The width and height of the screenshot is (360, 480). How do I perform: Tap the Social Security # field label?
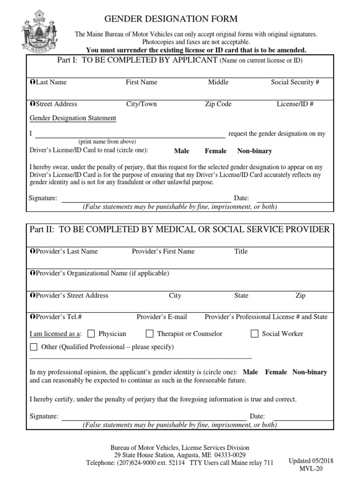tap(295, 82)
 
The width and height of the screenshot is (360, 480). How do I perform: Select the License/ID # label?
tap(295, 104)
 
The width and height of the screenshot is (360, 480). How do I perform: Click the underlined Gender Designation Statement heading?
tap(73, 118)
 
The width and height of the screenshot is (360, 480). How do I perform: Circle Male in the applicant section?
tap(181, 151)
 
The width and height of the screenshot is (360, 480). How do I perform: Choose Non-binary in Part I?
tap(255, 151)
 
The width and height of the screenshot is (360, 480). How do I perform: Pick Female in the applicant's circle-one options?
tap(216, 151)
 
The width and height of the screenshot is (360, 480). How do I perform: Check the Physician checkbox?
tap(91, 334)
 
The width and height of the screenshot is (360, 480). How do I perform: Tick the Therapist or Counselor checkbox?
tap(150, 334)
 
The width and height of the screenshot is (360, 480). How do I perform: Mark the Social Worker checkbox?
tap(255, 334)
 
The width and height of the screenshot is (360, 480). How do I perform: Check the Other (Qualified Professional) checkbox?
tap(34, 347)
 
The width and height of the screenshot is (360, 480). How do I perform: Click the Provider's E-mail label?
tap(162, 317)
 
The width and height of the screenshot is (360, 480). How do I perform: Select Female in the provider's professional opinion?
tap(276, 372)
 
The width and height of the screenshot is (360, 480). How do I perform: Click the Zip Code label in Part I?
tap(218, 104)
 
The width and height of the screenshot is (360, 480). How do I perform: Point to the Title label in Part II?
tap(241, 251)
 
